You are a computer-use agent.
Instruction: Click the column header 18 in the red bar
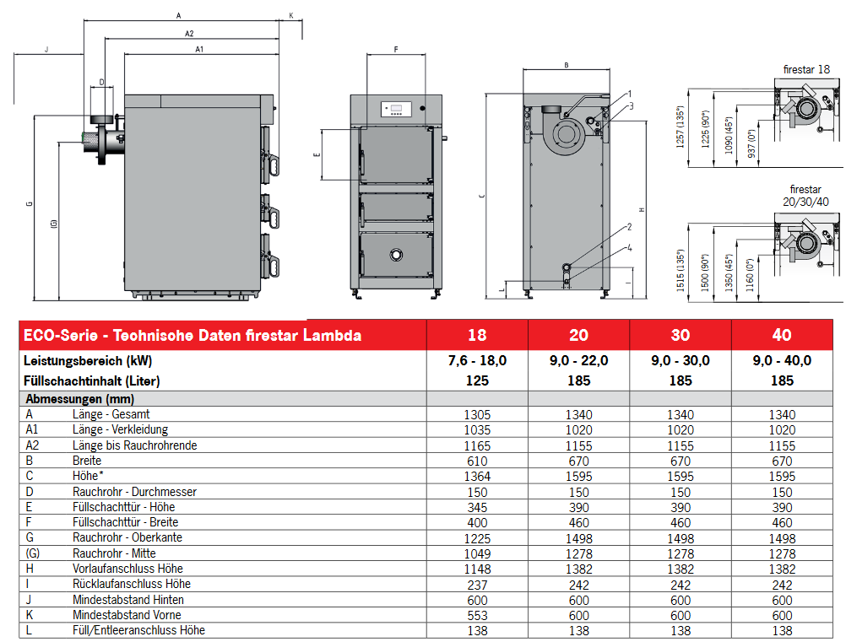point(477,335)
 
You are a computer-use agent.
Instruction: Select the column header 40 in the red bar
point(782,335)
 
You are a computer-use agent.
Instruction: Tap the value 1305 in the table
point(477,414)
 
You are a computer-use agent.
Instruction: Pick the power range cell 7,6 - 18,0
point(477,360)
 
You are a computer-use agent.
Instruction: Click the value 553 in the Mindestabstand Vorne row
point(477,615)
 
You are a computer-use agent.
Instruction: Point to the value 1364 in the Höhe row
point(477,476)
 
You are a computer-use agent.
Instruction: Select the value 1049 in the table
point(477,553)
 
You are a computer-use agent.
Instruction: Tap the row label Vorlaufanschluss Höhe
point(128,569)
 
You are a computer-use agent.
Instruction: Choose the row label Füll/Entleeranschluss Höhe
point(138,630)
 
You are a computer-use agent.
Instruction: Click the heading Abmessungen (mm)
point(80,399)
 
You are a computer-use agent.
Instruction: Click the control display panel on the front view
point(395,107)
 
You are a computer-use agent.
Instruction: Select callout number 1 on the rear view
point(630,93)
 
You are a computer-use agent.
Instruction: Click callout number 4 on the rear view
point(630,248)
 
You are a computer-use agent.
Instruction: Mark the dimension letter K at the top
point(290,15)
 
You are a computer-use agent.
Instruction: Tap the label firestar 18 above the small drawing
point(806,69)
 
